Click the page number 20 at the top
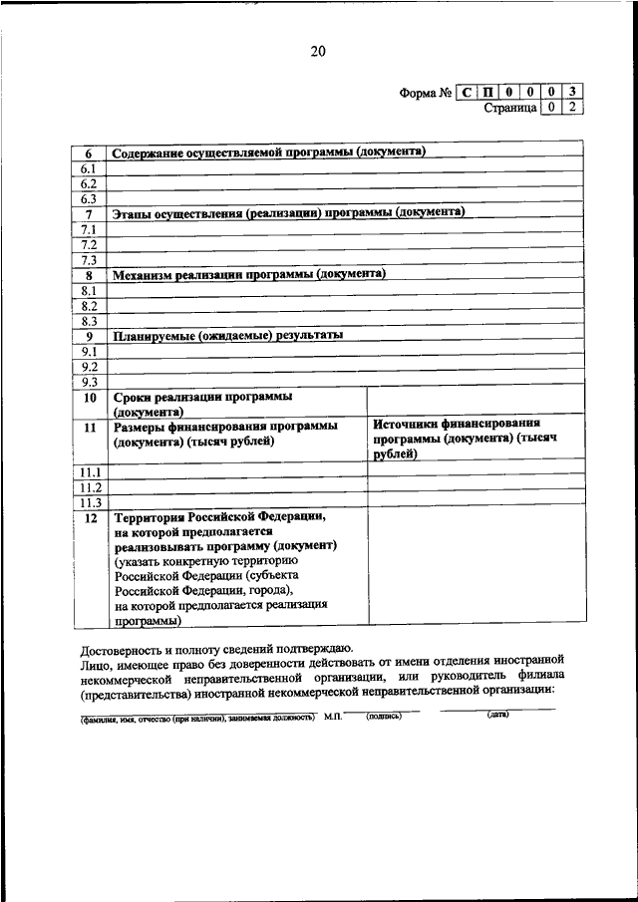point(318,52)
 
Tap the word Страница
point(510,108)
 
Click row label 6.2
point(88,183)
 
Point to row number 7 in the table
point(88,213)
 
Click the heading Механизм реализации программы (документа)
point(249,274)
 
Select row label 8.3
point(88,321)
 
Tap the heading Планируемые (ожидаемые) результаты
point(228,336)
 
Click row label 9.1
point(88,352)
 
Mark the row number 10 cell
point(88,398)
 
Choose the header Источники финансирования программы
point(464,440)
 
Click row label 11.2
point(91,487)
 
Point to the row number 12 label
point(90,518)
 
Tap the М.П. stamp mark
point(332,717)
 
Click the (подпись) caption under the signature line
point(384,716)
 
